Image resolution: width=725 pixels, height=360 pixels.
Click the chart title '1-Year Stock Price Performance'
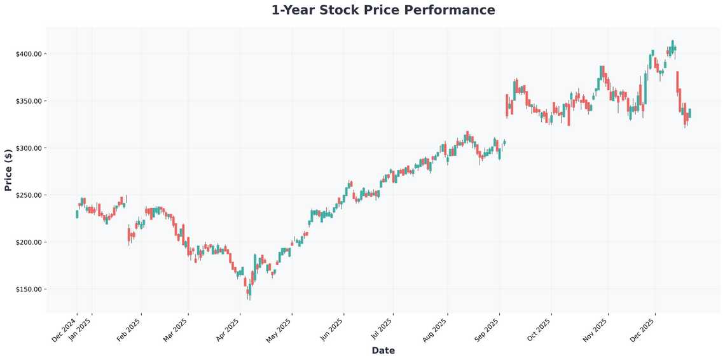(x=383, y=10)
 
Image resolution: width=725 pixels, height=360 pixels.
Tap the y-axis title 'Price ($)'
(x=8, y=170)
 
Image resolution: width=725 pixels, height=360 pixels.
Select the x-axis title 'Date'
(x=383, y=350)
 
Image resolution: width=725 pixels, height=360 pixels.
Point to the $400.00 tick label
(x=29, y=54)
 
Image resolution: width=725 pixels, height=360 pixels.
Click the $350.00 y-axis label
(x=29, y=101)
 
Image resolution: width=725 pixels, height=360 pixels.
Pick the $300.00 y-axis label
(x=29, y=148)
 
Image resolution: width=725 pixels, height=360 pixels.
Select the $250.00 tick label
(x=29, y=195)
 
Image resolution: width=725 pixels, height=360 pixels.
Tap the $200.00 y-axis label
(x=29, y=242)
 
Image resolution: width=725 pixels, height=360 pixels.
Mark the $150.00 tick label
(x=29, y=289)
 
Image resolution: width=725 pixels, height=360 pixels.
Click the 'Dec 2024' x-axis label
(x=65, y=330)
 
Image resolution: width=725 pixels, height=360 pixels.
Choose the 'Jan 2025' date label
(x=80, y=330)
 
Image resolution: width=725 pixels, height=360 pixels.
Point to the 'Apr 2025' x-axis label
(x=228, y=330)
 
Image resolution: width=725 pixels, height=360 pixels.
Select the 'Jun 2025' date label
(x=332, y=330)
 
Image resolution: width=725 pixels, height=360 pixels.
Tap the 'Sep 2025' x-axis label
(x=487, y=330)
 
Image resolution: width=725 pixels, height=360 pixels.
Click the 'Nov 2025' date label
(x=597, y=330)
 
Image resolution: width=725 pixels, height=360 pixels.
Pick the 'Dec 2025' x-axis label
(x=644, y=330)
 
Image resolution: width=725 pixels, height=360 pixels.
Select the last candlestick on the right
(x=689, y=113)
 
